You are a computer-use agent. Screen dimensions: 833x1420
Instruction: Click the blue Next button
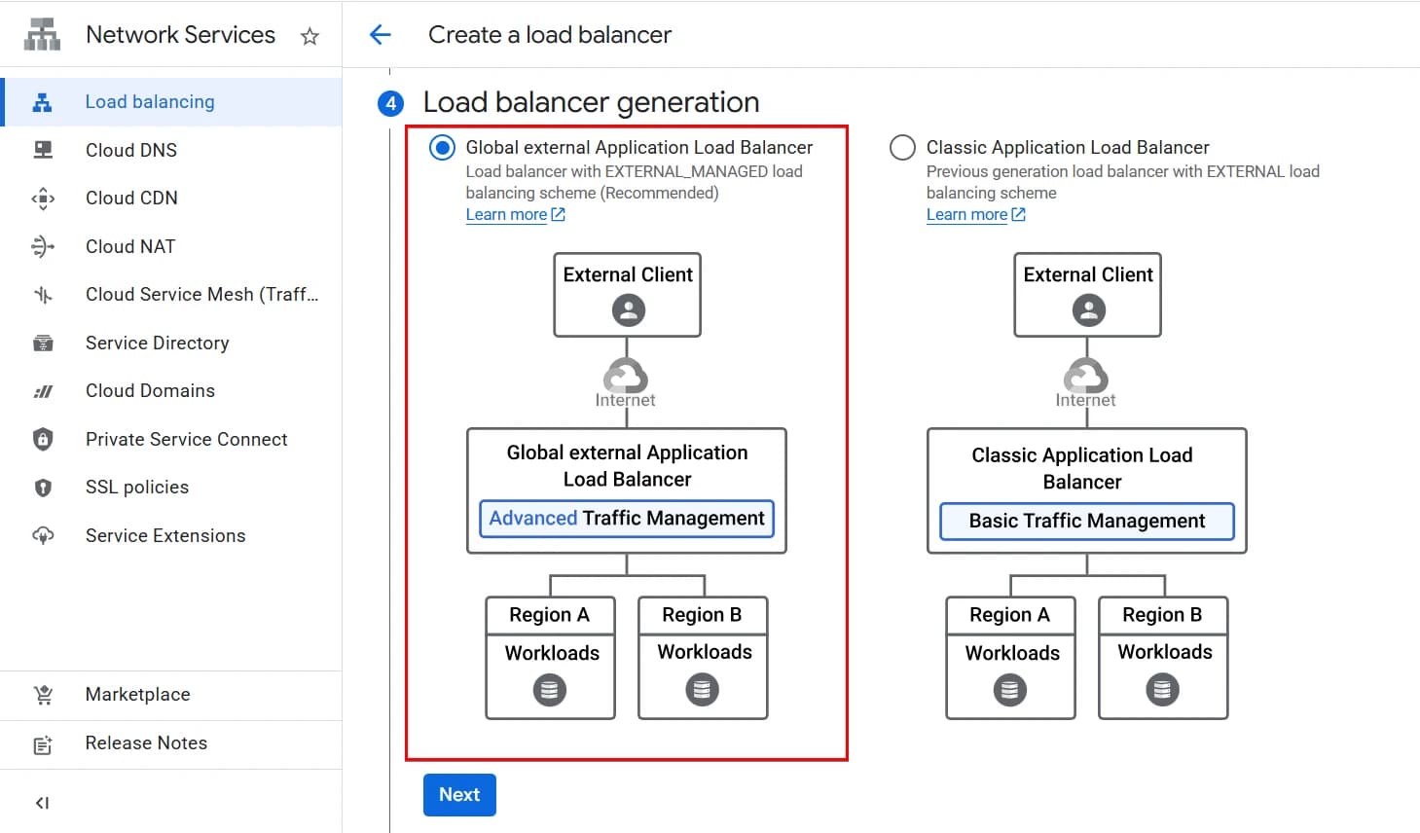tap(459, 795)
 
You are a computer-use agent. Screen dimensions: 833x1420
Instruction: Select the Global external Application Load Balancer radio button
tap(442, 148)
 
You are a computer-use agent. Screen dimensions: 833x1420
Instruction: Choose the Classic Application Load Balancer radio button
tap(902, 148)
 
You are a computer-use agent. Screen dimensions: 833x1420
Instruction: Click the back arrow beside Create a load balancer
tap(381, 35)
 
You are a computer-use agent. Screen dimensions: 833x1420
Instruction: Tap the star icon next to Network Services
tap(309, 37)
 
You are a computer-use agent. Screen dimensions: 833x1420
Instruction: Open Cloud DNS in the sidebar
tap(131, 150)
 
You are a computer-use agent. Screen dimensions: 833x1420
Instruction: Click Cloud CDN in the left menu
tap(131, 198)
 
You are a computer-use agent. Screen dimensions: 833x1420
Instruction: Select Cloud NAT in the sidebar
tap(130, 246)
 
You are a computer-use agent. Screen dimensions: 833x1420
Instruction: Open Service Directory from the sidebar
tap(157, 343)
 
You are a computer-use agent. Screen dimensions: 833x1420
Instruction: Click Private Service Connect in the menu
tap(186, 439)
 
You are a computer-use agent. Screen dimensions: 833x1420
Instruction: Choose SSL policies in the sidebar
tap(137, 488)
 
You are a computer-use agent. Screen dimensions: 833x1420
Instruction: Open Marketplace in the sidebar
tap(137, 695)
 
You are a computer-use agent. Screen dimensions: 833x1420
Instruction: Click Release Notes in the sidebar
tap(146, 743)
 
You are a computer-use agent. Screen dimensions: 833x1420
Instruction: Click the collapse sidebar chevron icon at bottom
tap(42, 803)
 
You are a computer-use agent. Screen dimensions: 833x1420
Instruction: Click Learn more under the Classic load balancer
tap(966, 215)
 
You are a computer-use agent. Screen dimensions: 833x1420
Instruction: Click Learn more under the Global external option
tap(506, 215)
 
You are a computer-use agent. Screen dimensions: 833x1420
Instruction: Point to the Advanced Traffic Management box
tap(627, 519)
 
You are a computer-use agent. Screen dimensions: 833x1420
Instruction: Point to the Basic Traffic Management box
tap(1086, 522)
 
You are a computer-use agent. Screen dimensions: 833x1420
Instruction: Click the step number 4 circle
tap(391, 103)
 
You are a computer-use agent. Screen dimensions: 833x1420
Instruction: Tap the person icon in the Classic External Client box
tap(1088, 310)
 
